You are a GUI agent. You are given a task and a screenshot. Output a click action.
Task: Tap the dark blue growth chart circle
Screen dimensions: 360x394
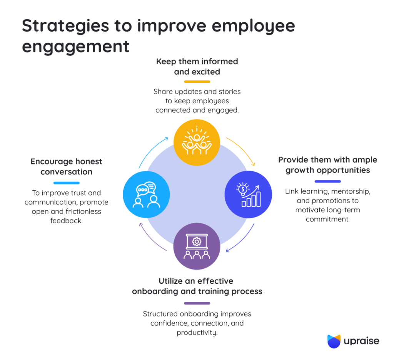(x=248, y=194)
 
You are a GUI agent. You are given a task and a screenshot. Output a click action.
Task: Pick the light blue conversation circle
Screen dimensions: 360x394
(x=146, y=194)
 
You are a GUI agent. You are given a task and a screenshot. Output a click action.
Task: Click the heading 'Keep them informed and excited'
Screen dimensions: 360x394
(x=197, y=66)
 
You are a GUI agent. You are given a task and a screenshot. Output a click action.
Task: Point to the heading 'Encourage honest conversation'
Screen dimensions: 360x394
(x=67, y=167)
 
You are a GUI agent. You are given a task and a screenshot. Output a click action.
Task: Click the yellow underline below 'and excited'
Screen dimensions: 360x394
(x=197, y=82)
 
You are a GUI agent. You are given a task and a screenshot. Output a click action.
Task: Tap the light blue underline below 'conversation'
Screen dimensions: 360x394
(x=67, y=183)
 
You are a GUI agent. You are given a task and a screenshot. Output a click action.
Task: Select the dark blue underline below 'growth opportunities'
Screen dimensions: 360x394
(x=327, y=181)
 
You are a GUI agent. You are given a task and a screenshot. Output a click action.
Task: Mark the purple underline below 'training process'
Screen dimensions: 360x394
(x=197, y=303)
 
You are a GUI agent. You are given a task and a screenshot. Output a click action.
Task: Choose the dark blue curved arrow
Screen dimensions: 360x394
(x=241, y=241)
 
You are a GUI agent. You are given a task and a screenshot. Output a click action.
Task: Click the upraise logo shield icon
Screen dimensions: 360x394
(x=334, y=341)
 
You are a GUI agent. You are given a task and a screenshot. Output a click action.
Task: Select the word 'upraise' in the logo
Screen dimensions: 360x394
(x=362, y=341)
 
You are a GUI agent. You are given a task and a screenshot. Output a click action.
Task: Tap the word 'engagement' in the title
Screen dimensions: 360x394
(x=76, y=46)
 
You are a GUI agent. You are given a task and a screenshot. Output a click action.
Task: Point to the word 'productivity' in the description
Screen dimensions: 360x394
(x=197, y=332)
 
